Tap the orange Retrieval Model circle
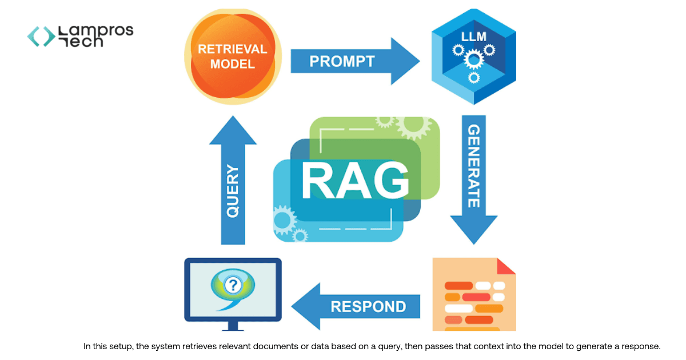(x=232, y=56)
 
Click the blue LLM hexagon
(x=473, y=56)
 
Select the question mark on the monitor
(x=232, y=284)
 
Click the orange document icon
(x=474, y=295)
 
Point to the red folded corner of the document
(x=506, y=266)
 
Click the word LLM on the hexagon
(x=474, y=37)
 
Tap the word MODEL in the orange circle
(x=232, y=64)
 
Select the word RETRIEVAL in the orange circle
(x=232, y=49)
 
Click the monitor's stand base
(x=233, y=328)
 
